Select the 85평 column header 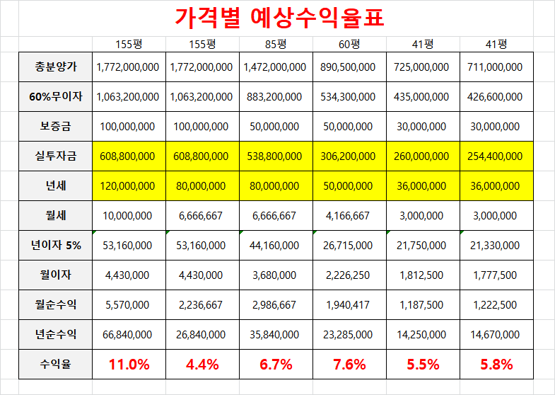tap(275, 44)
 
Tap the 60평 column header tap(349, 44)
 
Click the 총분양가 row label tap(56, 67)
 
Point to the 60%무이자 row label tap(56, 97)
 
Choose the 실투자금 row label tap(56, 156)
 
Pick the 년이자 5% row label tap(56, 246)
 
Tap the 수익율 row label tap(56, 365)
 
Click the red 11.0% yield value tap(129, 365)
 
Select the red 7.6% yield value tap(349, 365)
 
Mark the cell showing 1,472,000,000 tap(275, 67)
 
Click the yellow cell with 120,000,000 tap(129, 186)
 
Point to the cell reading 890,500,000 tap(349, 67)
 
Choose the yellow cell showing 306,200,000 tap(349, 156)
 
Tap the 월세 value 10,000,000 tap(129, 216)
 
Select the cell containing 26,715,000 tap(349, 246)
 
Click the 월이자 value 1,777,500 tap(496, 275)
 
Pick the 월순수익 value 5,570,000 tap(129, 305)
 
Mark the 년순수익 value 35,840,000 tap(275, 335)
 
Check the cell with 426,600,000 tap(496, 97)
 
